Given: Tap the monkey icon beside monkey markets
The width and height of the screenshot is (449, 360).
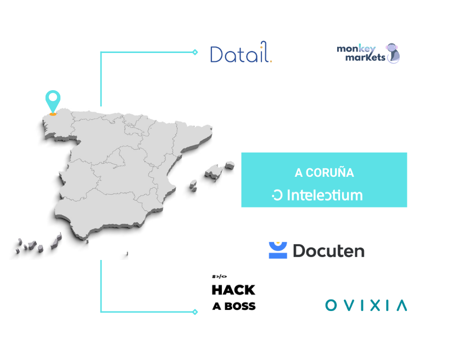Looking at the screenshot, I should [x=394, y=53].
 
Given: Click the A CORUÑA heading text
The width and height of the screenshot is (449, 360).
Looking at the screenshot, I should [x=324, y=173].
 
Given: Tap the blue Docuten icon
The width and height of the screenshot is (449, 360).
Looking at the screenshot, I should [x=278, y=250].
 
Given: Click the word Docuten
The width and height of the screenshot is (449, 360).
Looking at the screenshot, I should [x=328, y=251].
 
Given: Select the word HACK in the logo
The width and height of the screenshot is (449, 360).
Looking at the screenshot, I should [x=233, y=290].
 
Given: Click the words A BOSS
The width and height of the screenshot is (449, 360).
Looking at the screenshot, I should [x=234, y=306].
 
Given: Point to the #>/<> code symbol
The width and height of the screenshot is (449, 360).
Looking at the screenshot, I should [x=219, y=276].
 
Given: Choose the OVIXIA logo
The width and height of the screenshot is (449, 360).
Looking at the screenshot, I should [x=366, y=305].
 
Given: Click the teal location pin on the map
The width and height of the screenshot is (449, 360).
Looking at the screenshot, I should [x=52, y=100].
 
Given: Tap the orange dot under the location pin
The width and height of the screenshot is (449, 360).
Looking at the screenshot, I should [x=52, y=114].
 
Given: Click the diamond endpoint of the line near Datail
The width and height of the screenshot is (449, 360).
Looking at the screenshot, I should [x=195, y=52].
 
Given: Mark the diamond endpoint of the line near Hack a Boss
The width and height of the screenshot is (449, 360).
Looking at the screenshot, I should [x=195, y=312].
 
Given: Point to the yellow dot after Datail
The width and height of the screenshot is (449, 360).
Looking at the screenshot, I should [x=271, y=61].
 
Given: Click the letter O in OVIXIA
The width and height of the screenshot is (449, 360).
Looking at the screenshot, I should [x=331, y=305].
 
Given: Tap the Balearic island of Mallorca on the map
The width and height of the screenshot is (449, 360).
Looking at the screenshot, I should [x=214, y=172].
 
